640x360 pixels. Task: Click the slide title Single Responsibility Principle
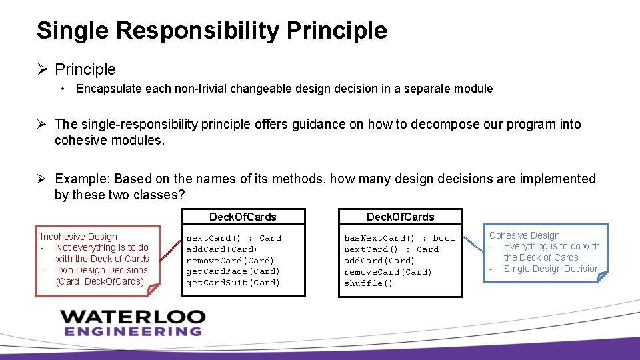pos(211,31)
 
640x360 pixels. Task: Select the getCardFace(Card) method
pos(233,271)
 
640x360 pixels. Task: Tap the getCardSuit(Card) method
pos(233,283)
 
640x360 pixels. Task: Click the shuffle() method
pos(368,283)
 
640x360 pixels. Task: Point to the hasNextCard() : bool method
pos(399,238)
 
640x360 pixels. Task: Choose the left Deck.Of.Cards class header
pos(243,217)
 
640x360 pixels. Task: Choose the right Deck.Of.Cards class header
pos(400,217)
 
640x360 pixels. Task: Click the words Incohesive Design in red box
pos(79,237)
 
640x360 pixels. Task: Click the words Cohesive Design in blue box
pos(525,235)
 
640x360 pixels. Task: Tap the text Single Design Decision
pos(551,269)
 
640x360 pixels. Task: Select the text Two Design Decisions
pos(102,270)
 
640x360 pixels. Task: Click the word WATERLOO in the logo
pos(133,316)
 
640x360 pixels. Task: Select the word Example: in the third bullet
pos(83,179)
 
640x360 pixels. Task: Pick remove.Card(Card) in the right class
pos(388,272)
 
